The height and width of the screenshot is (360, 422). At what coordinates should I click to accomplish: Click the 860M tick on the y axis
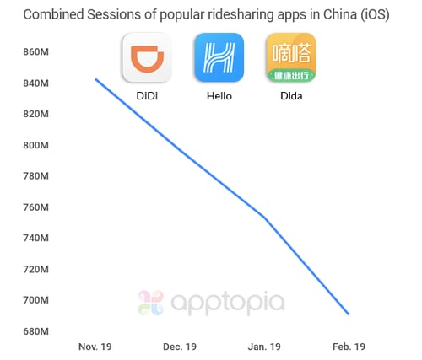coord(37,52)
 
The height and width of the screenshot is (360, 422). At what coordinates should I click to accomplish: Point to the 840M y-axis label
coord(37,83)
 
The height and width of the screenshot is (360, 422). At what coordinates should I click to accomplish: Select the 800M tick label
coord(37,145)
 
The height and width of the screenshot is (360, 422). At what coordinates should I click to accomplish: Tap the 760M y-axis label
coord(37,207)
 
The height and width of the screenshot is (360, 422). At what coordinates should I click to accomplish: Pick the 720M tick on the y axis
coord(37,269)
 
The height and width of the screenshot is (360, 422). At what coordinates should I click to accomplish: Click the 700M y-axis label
coord(37,300)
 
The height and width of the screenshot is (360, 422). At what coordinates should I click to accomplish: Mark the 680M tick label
coord(37,331)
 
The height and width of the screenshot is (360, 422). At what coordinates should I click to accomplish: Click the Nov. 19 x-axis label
coord(95,347)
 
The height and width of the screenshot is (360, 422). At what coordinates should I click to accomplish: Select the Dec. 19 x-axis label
coord(179,347)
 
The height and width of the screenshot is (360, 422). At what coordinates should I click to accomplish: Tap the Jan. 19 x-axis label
coord(263,347)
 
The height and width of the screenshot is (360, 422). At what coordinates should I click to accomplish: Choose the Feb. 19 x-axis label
coord(349,347)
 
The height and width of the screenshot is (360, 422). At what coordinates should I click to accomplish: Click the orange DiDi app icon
coord(147,58)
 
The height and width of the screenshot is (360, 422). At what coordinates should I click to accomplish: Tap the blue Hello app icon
coord(219,58)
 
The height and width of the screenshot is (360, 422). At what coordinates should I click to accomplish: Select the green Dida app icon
coord(290,58)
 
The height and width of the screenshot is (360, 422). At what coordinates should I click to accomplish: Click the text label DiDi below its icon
coord(147,96)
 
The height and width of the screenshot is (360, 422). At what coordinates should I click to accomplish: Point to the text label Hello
coord(219,96)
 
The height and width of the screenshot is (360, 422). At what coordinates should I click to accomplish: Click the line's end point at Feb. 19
coord(349,314)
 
